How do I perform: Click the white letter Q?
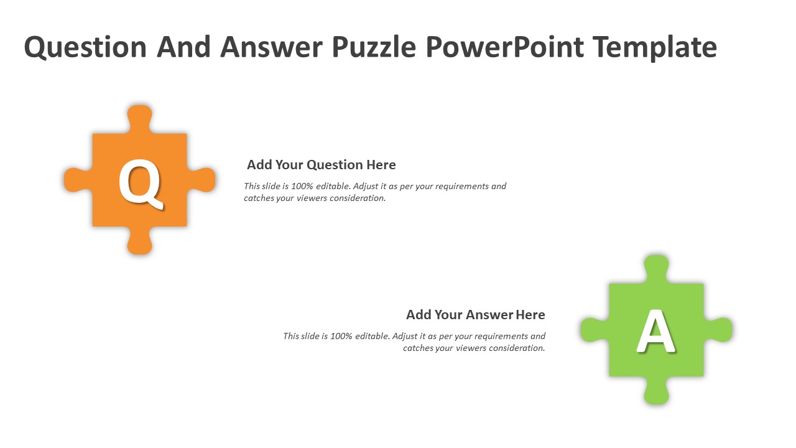click(140, 183)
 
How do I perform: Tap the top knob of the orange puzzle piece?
click(140, 119)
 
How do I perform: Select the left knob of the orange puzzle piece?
click(78, 180)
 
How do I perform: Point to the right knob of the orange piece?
click(201, 180)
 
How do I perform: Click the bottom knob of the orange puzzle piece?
click(140, 240)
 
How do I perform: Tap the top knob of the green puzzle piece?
click(656, 269)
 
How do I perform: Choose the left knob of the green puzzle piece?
click(595, 330)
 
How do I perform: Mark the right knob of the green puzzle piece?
click(718, 330)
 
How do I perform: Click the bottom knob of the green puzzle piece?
click(656, 390)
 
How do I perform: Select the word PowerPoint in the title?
click(504, 47)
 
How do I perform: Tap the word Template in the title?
click(655, 47)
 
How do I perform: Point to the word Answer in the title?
click(272, 47)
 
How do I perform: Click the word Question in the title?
click(85, 47)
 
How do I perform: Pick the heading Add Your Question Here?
click(322, 165)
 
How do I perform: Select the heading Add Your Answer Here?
click(476, 315)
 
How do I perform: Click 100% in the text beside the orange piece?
click(302, 186)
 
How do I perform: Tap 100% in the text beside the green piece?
click(341, 336)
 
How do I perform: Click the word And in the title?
click(183, 47)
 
